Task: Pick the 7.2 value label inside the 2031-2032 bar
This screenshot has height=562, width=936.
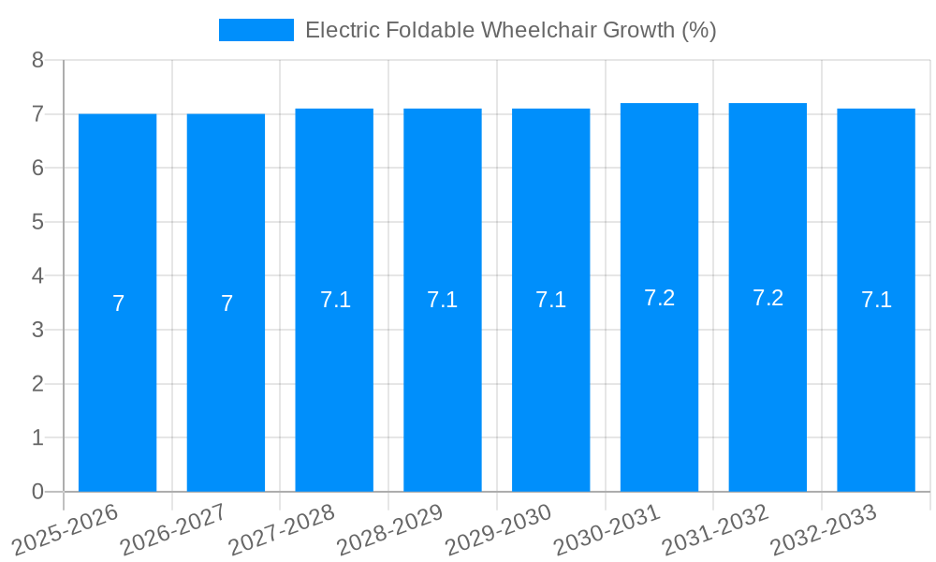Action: pyautogui.click(x=768, y=298)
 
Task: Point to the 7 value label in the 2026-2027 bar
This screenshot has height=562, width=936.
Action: pyautogui.click(x=227, y=303)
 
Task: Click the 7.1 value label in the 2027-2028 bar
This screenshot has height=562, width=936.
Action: pyautogui.click(x=335, y=300)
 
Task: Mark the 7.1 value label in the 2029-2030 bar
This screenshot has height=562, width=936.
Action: pyautogui.click(x=550, y=300)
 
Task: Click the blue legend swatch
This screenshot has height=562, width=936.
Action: pyautogui.click(x=256, y=30)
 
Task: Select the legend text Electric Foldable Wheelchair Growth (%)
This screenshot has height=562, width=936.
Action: pyautogui.click(x=510, y=30)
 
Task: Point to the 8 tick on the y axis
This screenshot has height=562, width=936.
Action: pyautogui.click(x=37, y=60)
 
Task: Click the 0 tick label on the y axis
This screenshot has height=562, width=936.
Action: pyautogui.click(x=37, y=492)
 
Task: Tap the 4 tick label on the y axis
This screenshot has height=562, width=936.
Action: pyautogui.click(x=37, y=276)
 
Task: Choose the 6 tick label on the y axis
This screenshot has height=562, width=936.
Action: pyautogui.click(x=37, y=169)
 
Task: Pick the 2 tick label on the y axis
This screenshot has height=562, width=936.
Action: pyautogui.click(x=37, y=384)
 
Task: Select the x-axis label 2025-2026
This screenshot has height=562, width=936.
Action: pyautogui.click(x=66, y=529)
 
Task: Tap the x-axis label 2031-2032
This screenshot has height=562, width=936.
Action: pyautogui.click(x=715, y=529)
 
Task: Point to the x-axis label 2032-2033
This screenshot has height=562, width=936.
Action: pyautogui.click(x=823, y=529)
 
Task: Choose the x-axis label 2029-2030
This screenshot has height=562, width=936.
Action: pyautogui.click(x=498, y=529)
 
